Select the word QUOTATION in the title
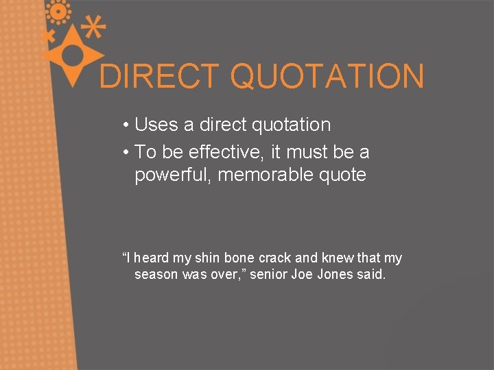pos(327,76)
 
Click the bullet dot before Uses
pos(127,125)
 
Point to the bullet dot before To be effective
pos(127,151)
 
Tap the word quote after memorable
pos(342,175)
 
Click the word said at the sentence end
pos(371,275)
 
